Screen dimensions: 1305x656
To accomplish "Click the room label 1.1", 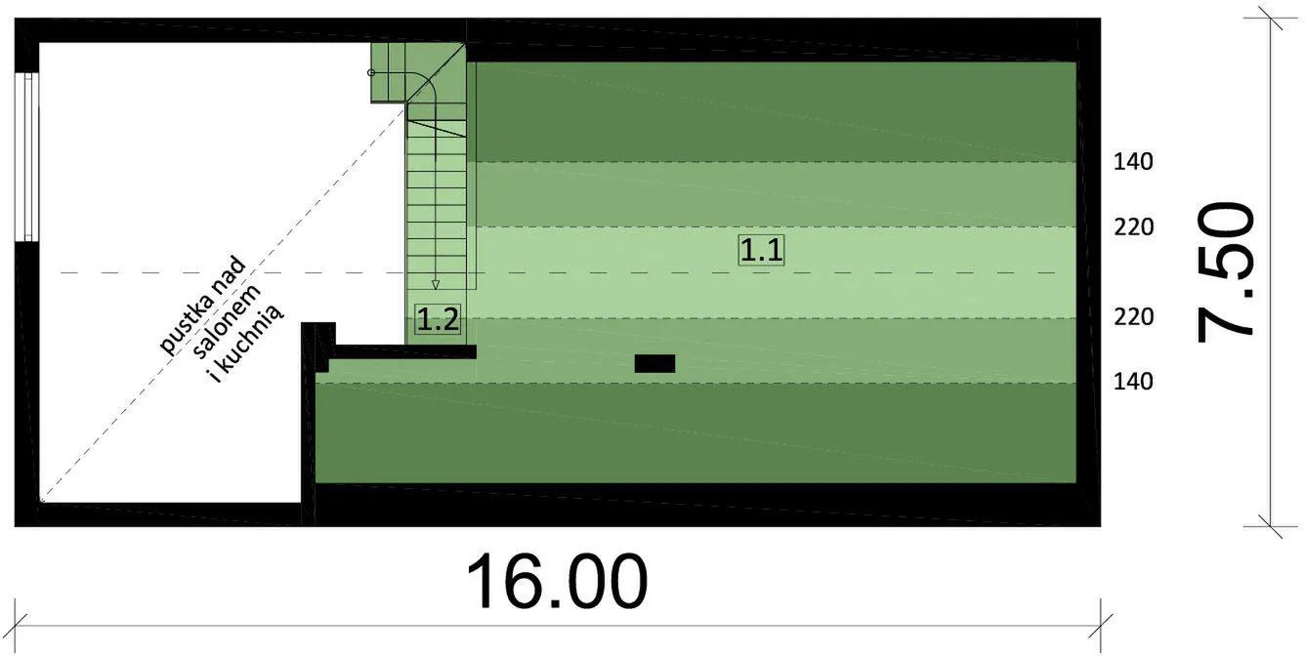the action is pyautogui.click(x=762, y=250).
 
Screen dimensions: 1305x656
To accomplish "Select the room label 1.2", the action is pyautogui.click(x=438, y=319).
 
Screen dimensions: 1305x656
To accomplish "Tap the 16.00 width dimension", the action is pyautogui.click(x=557, y=582).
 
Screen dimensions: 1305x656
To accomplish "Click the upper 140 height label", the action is pyautogui.click(x=1133, y=162).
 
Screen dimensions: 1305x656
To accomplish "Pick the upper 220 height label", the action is pyautogui.click(x=1134, y=227).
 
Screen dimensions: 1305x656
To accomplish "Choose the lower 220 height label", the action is pyautogui.click(x=1134, y=317).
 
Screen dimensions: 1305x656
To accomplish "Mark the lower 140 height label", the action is pyautogui.click(x=1133, y=382).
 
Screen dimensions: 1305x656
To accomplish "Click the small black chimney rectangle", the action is pyautogui.click(x=654, y=364).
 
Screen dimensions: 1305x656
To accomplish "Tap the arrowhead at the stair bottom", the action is pyautogui.click(x=436, y=285).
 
